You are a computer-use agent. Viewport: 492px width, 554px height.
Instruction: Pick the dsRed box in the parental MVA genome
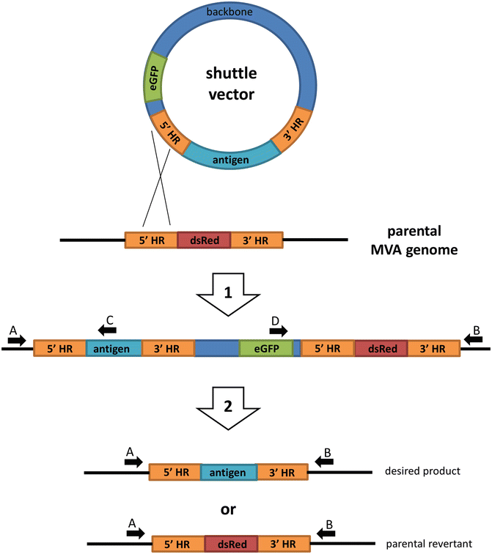tap(204, 240)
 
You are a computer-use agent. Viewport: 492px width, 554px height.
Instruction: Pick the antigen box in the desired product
tap(228, 472)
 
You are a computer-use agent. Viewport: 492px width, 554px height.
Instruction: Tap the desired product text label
tap(422, 470)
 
